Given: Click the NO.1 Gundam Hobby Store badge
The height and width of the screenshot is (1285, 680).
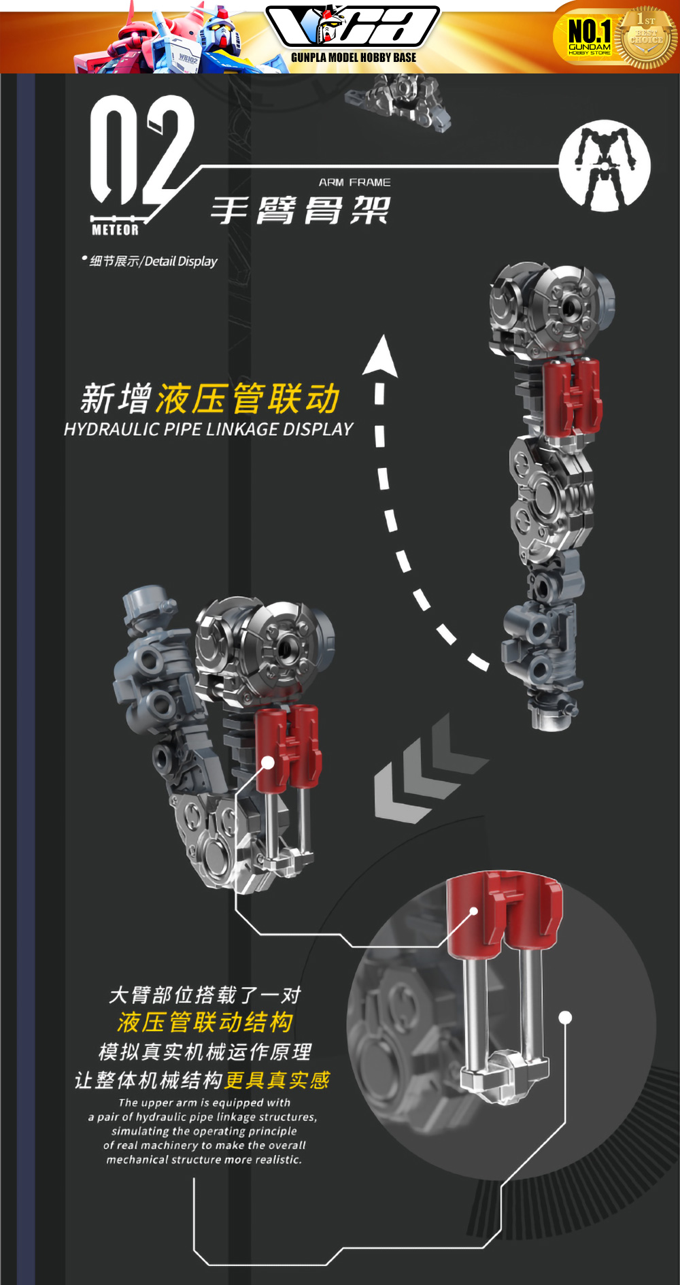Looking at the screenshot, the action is [589, 36].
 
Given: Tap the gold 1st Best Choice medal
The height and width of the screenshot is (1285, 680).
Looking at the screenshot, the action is [646, 37].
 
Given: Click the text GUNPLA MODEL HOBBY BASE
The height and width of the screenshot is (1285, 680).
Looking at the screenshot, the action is [354, 58].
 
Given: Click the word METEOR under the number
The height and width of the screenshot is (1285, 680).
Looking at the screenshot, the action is [115, 230].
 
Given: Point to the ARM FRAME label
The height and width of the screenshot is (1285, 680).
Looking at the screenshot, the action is [354, 182].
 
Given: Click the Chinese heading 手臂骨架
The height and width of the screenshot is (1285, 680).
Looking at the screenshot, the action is [300, 210].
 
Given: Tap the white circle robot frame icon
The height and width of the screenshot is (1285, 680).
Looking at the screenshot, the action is [604, 165].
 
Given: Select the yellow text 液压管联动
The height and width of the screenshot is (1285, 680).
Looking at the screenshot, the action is [248, 399].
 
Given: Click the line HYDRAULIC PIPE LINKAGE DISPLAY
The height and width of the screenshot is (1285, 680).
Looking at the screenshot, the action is [208, 429].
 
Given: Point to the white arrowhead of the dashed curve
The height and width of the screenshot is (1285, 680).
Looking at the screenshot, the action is [381, 355].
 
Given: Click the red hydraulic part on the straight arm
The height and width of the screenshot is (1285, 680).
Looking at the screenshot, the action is [573, 397].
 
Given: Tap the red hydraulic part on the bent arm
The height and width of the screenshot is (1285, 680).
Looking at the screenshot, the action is [288, 748].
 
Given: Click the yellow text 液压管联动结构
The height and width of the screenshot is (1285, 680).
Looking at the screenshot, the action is [205, 1022].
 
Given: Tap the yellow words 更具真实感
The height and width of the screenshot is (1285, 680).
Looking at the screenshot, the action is [277, 1080].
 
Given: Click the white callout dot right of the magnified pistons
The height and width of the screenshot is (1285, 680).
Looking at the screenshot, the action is [565, 1018].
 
